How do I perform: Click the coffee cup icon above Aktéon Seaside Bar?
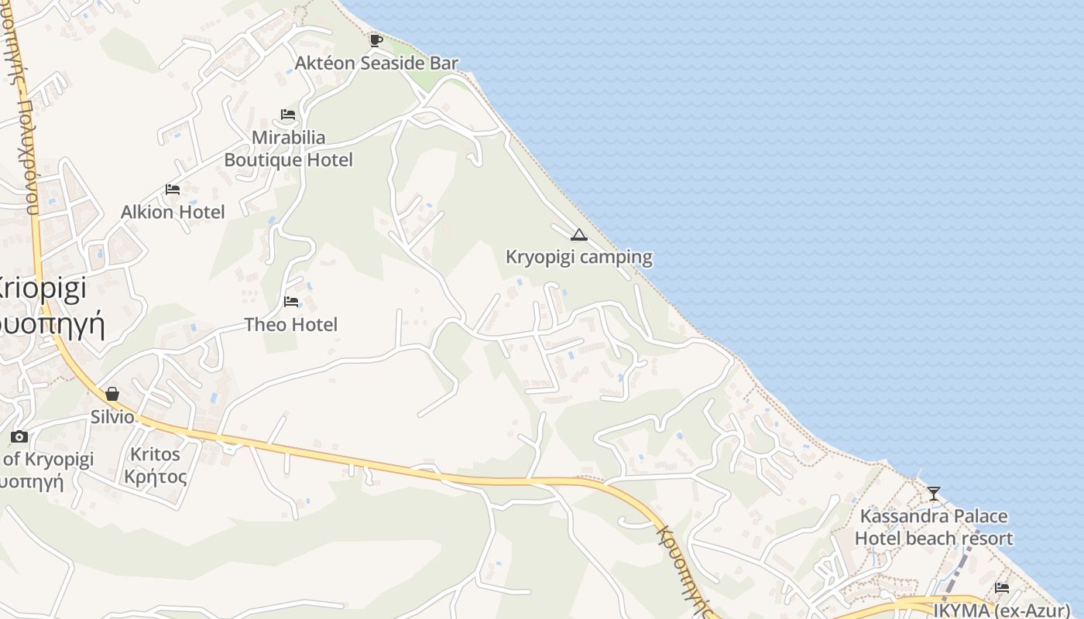376,40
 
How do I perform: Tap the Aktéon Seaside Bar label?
377,63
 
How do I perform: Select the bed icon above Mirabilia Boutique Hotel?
288,115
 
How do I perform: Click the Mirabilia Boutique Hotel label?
288,149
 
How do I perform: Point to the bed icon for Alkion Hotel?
173,189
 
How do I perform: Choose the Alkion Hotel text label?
173,212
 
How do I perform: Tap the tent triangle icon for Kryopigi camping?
578,234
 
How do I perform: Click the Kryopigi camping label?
578,257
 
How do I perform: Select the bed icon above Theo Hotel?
291,301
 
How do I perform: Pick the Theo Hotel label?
291,324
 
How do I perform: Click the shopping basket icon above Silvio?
112,394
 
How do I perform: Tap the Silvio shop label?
112,417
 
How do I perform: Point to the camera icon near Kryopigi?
19,437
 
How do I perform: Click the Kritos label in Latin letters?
155,454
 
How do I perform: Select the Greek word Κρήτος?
155,477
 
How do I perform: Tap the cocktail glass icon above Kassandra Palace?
934,493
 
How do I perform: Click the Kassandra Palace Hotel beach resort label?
934,527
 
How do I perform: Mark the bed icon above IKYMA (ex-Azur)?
1002,587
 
